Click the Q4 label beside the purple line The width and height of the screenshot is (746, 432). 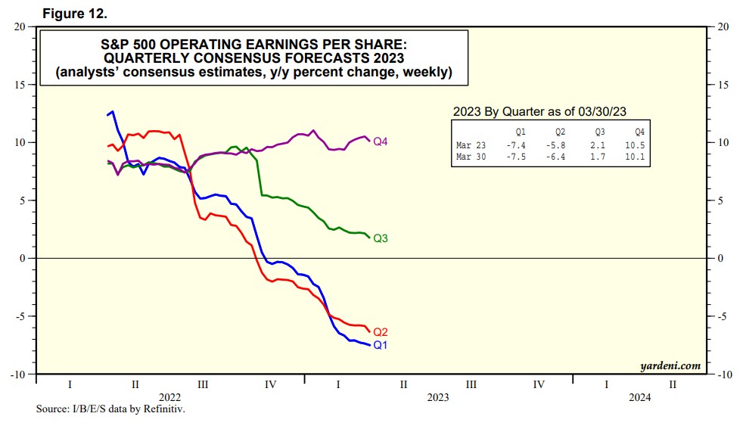coord(381,141)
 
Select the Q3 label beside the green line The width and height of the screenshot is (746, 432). coord(381,238)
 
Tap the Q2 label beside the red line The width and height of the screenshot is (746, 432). coord(381,332)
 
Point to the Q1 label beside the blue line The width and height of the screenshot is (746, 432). coord(381,345)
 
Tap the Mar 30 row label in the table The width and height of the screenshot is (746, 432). coord(471,157)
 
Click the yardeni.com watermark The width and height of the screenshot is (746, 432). coord(670,366)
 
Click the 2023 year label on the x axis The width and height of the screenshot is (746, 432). coord(438,396)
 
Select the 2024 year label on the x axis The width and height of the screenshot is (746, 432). coord(639,396)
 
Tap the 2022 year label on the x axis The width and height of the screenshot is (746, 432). coord(169,396)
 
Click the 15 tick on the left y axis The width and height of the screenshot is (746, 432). coord(20,84)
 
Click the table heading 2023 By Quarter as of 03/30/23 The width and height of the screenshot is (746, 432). coord(539,110)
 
